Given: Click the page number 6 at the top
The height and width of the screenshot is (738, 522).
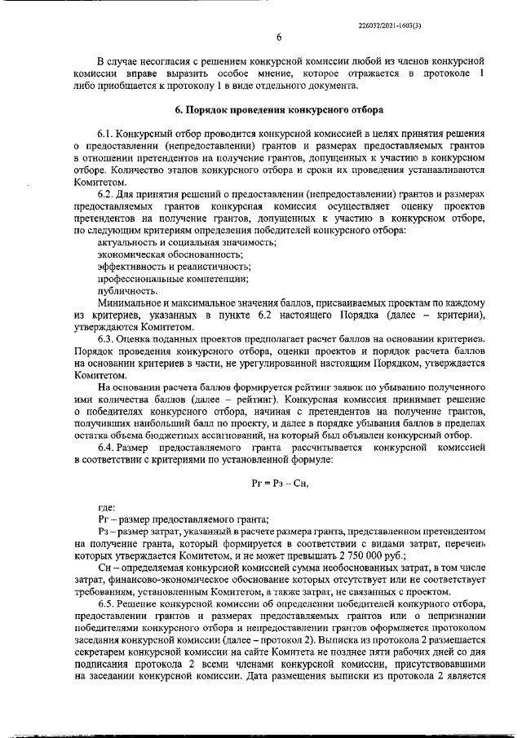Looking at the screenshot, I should tap(278, 37).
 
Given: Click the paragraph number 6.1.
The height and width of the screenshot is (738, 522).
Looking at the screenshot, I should tap(105, 133).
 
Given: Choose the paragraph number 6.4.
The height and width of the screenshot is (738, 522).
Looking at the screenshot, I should tap(105, 448).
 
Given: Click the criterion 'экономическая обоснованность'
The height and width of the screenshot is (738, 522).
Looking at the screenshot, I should tap(160, 254).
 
